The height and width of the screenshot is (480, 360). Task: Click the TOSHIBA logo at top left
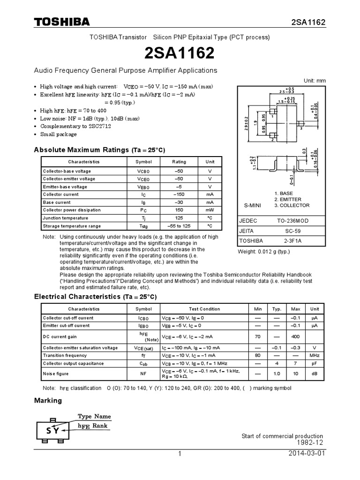61,22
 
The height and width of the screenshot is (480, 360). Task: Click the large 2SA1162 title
180,53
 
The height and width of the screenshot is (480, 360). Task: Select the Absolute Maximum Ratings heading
99,150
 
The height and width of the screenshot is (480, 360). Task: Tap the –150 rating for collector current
179,195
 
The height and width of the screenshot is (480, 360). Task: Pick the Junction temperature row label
65,218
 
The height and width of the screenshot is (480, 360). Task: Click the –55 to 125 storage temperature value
179,226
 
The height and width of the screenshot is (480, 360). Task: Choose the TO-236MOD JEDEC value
293,220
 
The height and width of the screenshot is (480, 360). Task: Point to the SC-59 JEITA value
293,231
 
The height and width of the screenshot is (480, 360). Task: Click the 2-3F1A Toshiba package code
293,241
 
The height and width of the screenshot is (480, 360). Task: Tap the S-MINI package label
254,205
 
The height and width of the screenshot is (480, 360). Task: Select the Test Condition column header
204,309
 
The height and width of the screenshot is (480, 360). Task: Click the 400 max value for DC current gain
295,337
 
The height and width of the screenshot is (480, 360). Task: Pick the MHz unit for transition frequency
315,356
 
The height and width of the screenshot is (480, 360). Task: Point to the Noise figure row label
56,374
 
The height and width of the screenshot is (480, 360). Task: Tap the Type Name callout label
94,416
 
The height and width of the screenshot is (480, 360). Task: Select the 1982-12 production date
310,443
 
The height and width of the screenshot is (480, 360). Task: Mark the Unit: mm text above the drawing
314,81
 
